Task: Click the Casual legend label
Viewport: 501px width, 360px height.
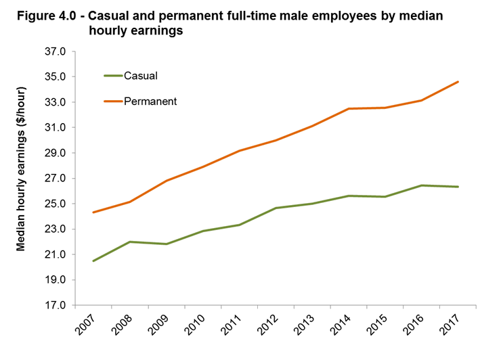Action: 141,76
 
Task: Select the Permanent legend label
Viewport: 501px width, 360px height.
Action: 150,101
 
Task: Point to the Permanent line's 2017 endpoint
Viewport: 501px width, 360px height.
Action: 458,82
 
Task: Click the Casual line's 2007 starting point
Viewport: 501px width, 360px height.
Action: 93,261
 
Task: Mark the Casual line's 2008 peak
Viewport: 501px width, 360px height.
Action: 130,242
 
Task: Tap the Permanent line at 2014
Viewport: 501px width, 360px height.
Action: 349,109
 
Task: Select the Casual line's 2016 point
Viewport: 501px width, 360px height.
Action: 422,185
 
